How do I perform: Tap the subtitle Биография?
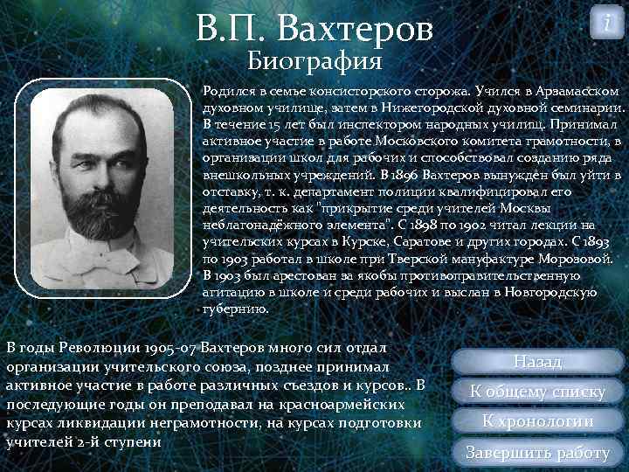pos(314,62)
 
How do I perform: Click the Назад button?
pos(538,361)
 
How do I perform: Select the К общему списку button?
pos(538,391)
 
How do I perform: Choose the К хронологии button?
pos(538,420)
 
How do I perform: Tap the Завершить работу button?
pos(538,452)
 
